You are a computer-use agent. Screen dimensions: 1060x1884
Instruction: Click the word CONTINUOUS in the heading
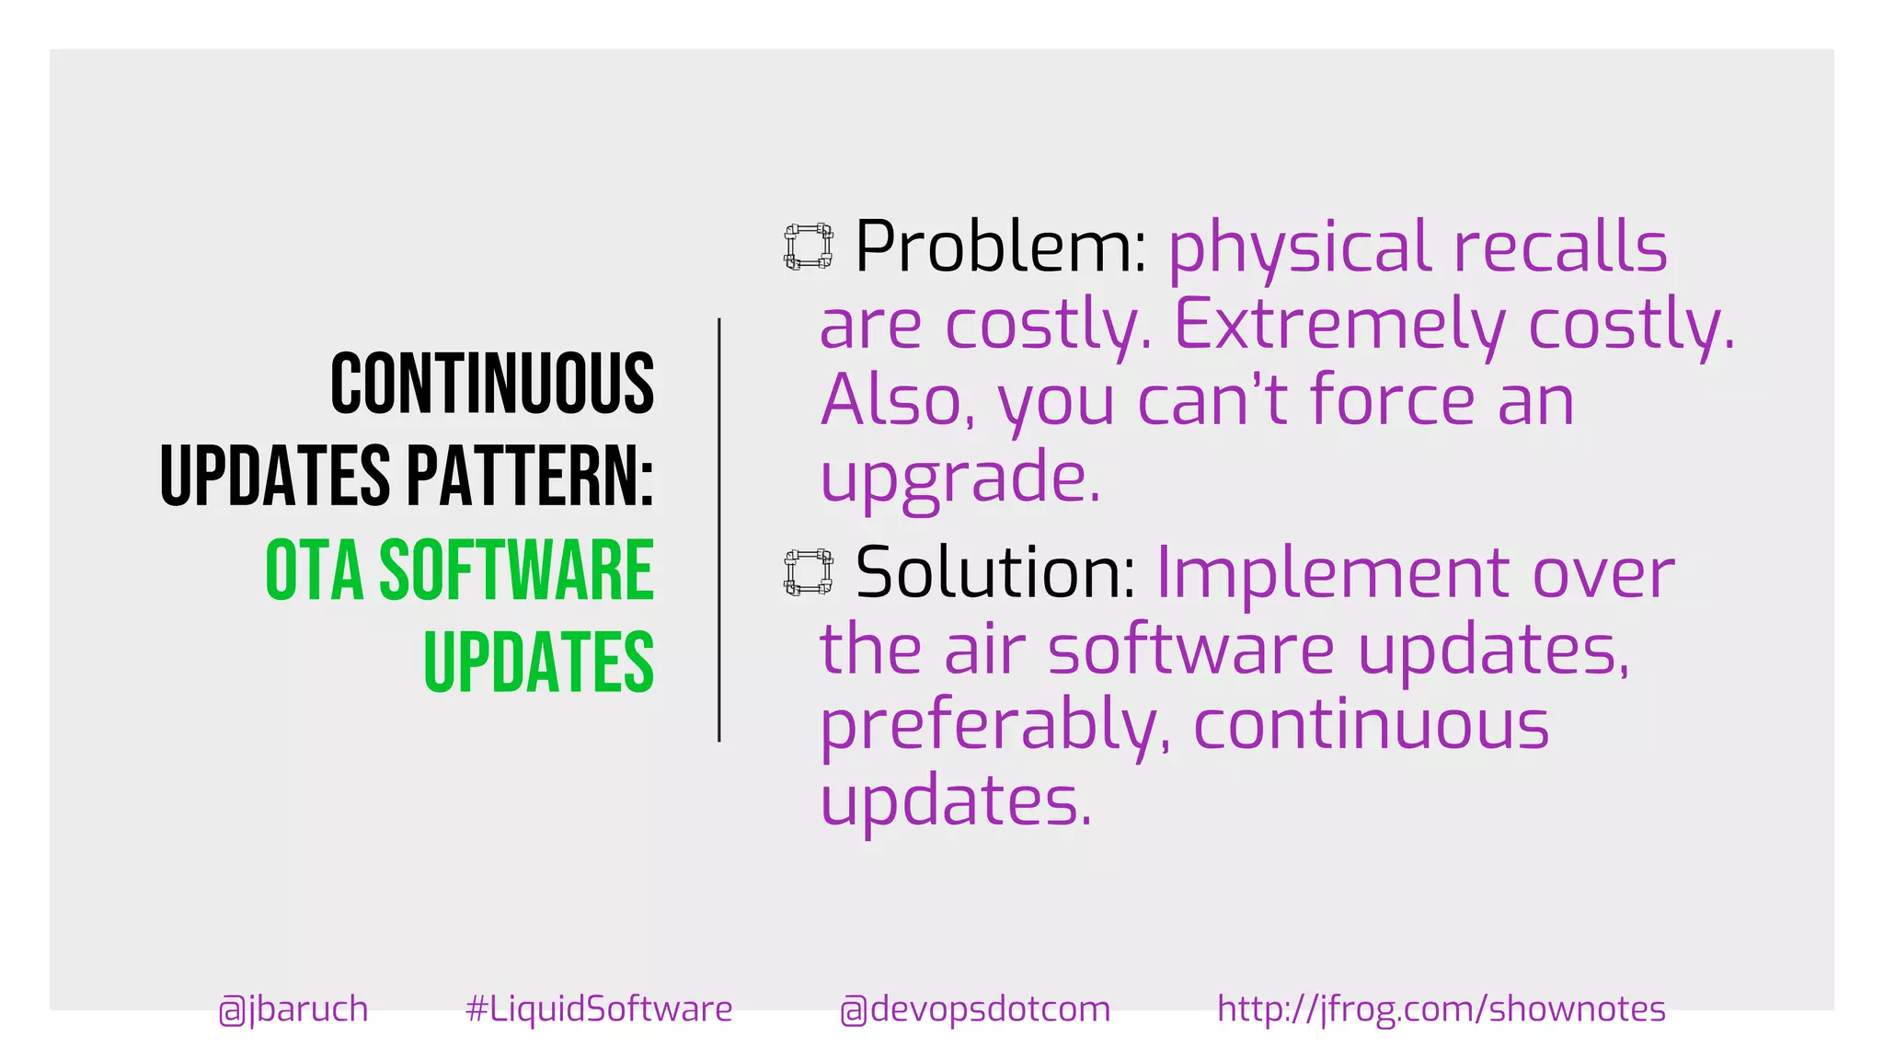click(492, 384)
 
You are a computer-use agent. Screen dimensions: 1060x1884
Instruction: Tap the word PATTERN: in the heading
click(530, 476)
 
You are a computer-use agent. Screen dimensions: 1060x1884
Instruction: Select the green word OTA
click(314, 570)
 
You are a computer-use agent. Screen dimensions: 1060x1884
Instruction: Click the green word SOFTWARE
click(516, 570)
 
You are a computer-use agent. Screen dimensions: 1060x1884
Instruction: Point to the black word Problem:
click(1000, 247)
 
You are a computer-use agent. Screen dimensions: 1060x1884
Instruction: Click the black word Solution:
click(995, 572)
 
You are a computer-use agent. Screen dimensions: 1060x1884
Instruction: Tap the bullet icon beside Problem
click(809, 247)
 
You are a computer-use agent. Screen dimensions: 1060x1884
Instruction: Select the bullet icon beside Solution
click(809, 572)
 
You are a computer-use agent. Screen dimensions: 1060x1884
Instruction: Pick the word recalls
click(1559, 247)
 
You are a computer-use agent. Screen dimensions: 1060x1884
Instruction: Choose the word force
click(1393, 400)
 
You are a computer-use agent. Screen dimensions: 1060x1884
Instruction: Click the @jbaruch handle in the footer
click(293, 1009)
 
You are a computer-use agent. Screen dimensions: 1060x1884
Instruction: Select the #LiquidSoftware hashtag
click(599, 1009)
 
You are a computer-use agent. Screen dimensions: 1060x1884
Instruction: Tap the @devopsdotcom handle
click(975, 1009)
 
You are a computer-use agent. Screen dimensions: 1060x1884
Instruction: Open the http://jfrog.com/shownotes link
click(1441, 1009)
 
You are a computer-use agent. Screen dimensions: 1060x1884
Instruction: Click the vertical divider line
click(719, 530)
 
